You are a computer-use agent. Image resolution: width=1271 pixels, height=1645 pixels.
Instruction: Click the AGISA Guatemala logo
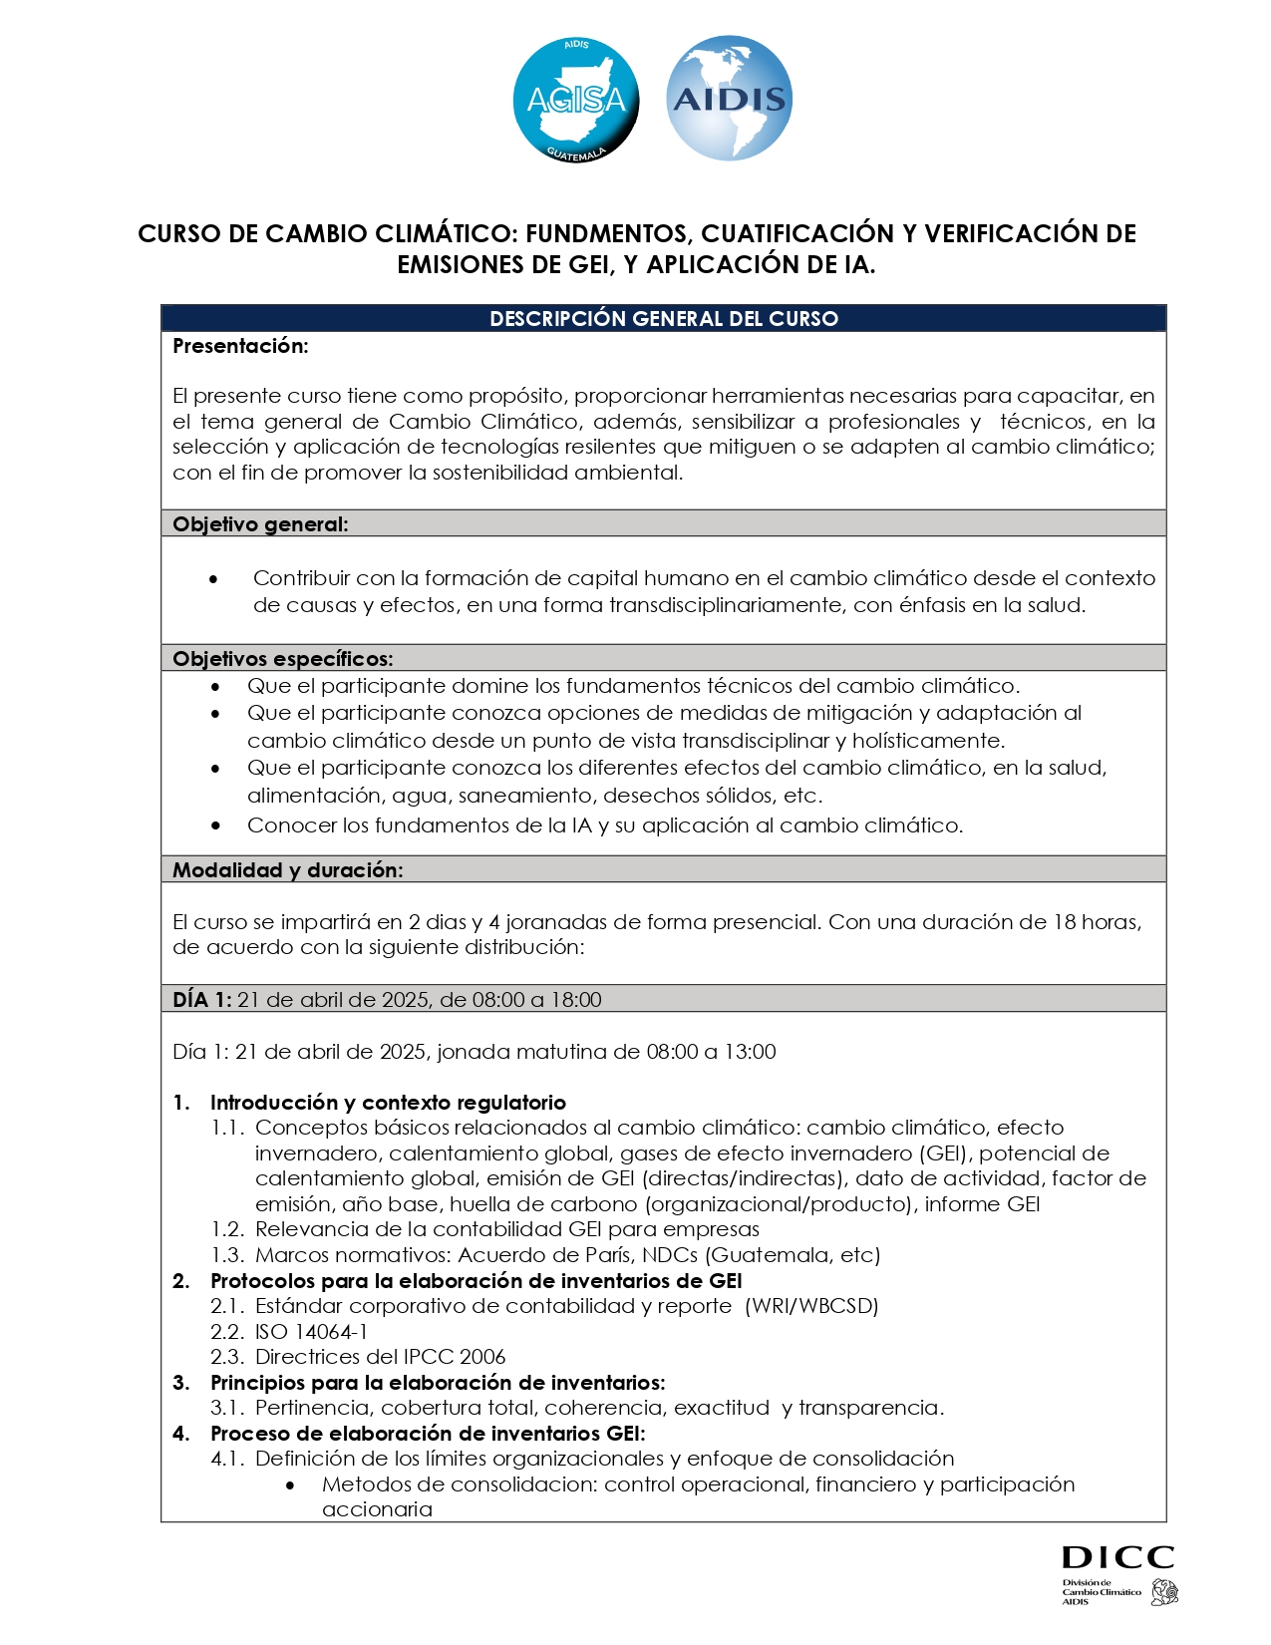(x=575, y=100)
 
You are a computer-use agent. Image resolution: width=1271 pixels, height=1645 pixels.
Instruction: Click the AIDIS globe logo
(x=729, y=99)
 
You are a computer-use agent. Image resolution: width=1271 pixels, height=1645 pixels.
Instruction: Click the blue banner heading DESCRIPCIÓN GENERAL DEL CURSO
(x=664, y=319)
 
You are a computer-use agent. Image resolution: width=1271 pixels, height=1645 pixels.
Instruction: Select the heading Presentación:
(x=240, y=346)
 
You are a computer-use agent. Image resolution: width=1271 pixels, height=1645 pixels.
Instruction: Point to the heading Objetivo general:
(x=260, y=524)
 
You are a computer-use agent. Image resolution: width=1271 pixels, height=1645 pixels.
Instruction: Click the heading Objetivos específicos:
(x=282, y=659)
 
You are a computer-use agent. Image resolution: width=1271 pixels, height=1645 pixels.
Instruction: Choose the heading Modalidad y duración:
(x=287, y=870)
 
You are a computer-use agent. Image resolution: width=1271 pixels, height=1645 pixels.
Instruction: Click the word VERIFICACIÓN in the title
(x=999, y=233)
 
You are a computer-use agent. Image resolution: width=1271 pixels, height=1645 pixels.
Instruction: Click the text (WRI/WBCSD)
(x=811, y=1306)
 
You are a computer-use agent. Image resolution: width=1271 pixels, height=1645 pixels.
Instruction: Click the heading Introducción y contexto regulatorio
(x=388, y=1103)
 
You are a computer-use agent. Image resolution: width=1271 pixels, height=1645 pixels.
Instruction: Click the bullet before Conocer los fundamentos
(x=216, y=825)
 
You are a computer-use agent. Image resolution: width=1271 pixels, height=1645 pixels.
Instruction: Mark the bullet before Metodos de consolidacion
(x=290, y=1485)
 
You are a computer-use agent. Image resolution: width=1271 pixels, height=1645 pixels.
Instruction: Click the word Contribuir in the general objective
(x=301, y=578)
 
